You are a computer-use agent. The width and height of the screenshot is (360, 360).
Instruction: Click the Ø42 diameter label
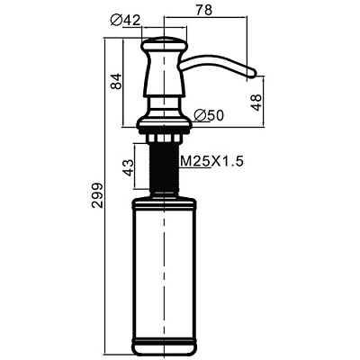(125, 21)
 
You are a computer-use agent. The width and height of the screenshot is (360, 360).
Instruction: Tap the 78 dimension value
(203, 10)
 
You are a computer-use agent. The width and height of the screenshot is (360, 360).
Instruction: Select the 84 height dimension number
(116, 81)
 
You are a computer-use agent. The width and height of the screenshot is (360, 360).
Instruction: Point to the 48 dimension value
(256, 103)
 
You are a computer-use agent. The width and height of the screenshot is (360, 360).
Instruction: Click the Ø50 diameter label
(209, 115)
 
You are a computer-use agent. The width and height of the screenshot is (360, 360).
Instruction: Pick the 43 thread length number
(128, 166)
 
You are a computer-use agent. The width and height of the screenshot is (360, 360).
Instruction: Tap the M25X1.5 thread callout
(211, 162)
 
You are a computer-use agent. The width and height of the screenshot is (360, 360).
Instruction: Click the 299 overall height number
(97, 195)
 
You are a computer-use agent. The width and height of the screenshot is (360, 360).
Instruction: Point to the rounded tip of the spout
(253, 73)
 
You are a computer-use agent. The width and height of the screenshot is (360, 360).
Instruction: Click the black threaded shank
(164, 166)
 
